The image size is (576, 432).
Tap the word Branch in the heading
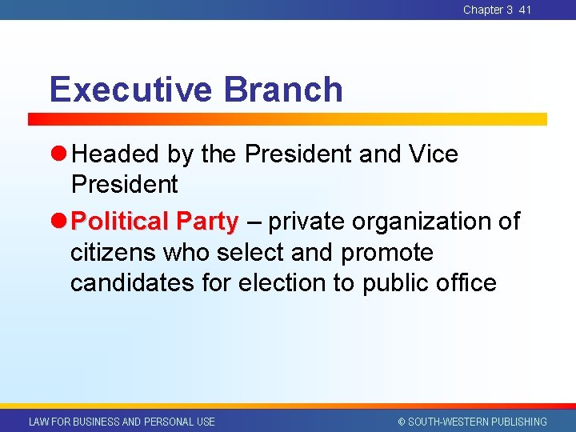(283, 90)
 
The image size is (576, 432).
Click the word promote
(387, 252)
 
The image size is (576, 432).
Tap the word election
(286, 282)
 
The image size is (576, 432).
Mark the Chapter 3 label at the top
(488, 10)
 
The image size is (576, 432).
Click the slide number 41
(525, 10)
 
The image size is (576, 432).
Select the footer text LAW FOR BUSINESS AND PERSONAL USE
(122, 422)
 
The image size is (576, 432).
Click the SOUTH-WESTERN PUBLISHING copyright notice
(472, 422)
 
